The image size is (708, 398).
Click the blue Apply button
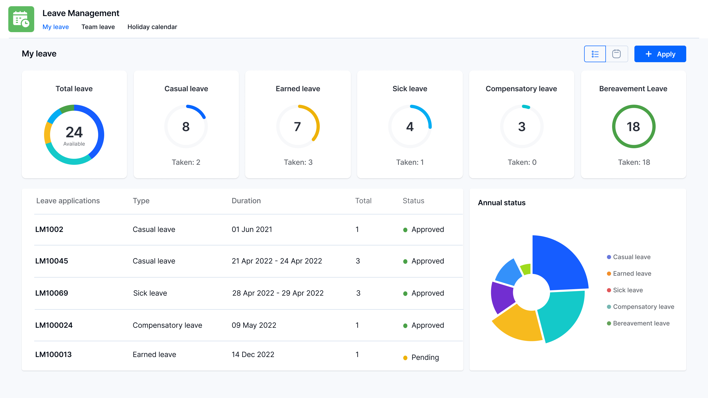[660, 54]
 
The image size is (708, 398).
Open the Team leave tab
[98, 27]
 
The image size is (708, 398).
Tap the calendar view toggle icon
[616, 54]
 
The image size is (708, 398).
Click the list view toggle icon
[595, 54]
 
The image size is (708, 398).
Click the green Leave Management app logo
[21, 19]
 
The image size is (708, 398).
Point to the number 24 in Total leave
[74, 132]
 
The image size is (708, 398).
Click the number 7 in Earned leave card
[298, 127]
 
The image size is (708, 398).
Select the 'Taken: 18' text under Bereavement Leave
[634, 162]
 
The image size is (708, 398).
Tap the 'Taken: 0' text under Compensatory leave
[522, 162]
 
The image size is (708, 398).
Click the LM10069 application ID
[51, 293]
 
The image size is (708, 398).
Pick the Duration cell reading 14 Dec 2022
[253, 354]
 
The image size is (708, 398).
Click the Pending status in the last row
[425, 357]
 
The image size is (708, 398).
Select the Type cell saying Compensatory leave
[167, 325]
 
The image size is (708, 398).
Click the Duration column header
[246, 201]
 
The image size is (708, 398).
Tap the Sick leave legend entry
[627, 290]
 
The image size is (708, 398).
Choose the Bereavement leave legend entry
[641, 323]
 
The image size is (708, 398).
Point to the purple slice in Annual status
[502, 297]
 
